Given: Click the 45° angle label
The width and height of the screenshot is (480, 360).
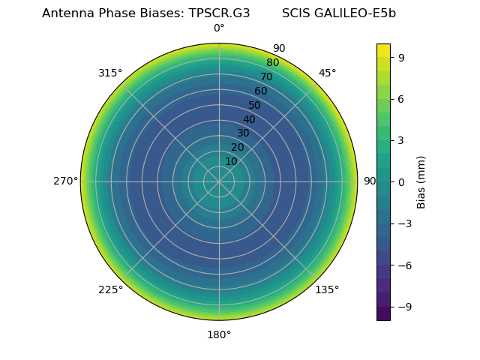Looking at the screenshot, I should (x=327, y=73).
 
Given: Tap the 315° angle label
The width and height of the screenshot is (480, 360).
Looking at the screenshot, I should (x=110, y=73).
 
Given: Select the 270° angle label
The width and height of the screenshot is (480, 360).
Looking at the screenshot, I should (x=65, y=181).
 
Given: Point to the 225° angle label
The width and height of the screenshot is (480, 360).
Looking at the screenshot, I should (x=110, y=290).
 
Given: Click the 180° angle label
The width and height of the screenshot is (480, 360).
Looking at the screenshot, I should (x=219, y=334).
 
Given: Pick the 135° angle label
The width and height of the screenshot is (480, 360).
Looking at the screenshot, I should (x=327, y=290).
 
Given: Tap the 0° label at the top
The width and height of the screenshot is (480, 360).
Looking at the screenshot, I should (x=219, y=28).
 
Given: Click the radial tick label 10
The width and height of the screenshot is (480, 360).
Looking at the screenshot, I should (x=231, y=161).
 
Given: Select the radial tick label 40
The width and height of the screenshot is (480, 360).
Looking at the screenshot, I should (x=249, y=119).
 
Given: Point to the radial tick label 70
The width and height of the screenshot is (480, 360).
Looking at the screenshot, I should (x=266, y=76).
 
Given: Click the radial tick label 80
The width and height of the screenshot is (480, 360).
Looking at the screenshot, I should (x=272, y=63).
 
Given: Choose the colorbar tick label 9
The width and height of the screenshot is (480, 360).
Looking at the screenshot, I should (x=402, y=57).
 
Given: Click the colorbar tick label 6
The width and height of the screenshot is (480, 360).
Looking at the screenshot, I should (x=402, y=99).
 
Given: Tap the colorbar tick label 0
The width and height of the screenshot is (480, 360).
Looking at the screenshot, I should (x=402, y=182).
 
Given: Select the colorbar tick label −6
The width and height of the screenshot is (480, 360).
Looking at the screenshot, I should (x=405, y=265).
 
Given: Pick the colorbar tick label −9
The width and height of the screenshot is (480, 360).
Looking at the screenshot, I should (x=405, y=307).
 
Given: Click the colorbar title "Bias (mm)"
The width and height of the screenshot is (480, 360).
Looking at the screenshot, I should (x=421, y=182).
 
